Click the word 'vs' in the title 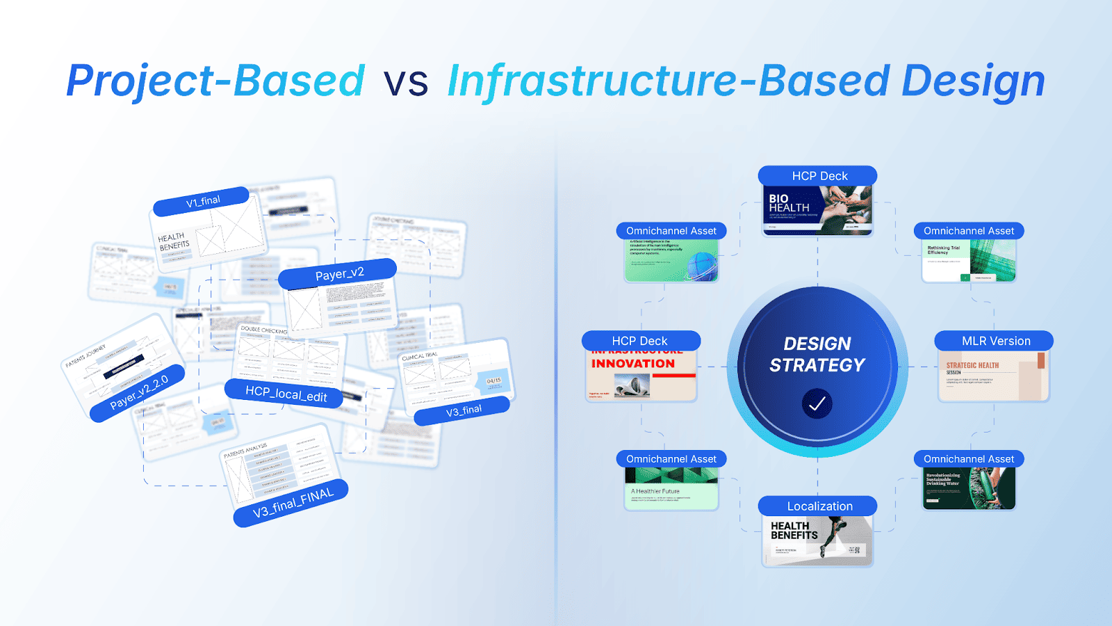point(406,82)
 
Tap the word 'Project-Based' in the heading point(215,81)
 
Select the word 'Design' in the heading point(973,81)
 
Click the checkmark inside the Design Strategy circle point(817,403)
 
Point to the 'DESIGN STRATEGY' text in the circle point(817,354)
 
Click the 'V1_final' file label point(202,201)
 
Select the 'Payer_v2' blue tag point(339,273)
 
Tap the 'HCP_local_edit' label point(286,394)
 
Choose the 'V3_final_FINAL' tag point(293,502)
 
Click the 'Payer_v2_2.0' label point(139,393)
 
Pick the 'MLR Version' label point(995,341)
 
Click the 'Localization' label point(819,506)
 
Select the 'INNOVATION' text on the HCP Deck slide point(633,364)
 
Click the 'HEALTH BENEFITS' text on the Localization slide point(794,531)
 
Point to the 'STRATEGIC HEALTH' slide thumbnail point(992,376)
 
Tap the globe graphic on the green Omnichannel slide point(702,266)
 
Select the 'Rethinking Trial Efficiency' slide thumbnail point(969,261)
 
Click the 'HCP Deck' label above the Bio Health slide point(819,176)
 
